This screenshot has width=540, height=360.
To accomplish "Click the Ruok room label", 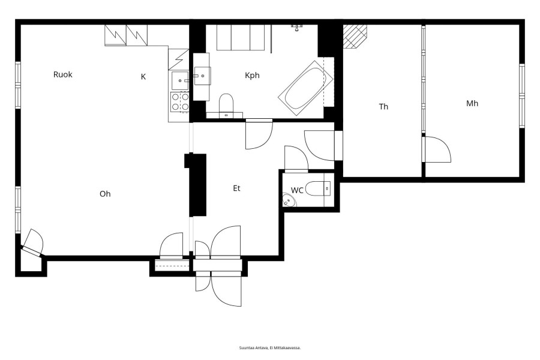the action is (62, 74).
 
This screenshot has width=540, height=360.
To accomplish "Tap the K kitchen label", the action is (143, 76).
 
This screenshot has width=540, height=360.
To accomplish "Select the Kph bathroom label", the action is (252, 76).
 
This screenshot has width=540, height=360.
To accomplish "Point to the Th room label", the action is (383, 107).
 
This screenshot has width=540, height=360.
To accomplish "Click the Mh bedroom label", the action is (472, 103).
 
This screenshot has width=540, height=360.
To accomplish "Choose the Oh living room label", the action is (105, 194).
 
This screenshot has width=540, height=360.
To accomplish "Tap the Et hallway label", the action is (236, 188).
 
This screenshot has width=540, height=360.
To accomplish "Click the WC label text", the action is (297, 190).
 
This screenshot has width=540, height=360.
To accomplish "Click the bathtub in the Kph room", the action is (305, 88).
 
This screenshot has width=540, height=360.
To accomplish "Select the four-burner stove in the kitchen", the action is (180, 102).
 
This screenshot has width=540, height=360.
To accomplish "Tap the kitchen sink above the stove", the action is (180, 80).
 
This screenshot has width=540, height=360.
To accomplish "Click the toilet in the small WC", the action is (318, 188).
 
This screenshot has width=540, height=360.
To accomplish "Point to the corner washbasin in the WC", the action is (289, 200).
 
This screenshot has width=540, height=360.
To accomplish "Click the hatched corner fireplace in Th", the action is (355, 36).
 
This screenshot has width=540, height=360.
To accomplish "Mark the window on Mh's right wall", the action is (522, 96).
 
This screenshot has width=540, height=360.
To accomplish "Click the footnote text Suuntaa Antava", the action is (253, 348).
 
